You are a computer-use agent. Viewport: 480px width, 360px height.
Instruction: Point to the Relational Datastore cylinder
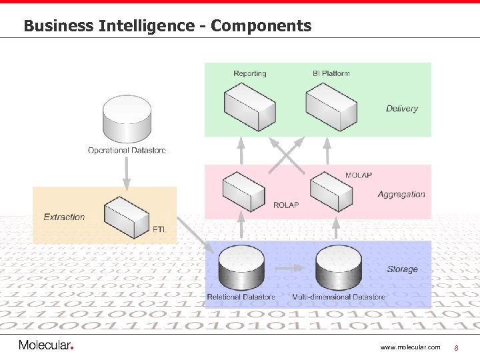click(x=241, y=269)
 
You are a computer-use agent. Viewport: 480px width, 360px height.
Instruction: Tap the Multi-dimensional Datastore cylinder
click(x=338, y=267)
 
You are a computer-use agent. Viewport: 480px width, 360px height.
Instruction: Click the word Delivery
click(x=402, y=109)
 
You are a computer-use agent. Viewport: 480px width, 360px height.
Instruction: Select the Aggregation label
click(x=401, y=195)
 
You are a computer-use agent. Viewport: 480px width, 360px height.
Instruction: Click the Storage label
click(x=402, y=269)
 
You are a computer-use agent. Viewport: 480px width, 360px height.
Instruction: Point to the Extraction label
click(x=64, y=217)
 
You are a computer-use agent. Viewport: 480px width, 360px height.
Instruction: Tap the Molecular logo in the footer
click(x=46, y=345)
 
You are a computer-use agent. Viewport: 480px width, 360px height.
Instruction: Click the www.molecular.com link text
click(x=410, y=347)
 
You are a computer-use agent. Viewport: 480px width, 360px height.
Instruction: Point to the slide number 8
click(x=457, y=347)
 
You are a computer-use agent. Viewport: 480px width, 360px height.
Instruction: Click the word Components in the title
click(x=261, y=26)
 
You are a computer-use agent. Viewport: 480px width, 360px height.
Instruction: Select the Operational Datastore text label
click(x=127, y=150)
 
